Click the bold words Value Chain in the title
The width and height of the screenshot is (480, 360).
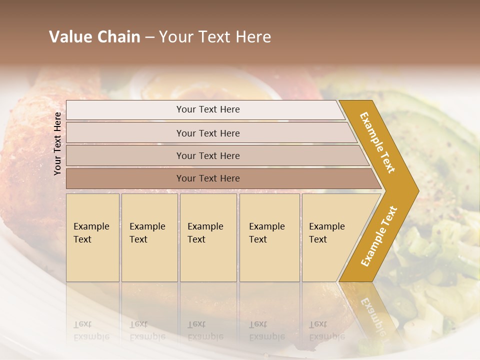click(94, 37)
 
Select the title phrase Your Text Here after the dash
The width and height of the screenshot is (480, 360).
click(215, 37)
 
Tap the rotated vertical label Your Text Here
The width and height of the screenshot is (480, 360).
click(57, 143)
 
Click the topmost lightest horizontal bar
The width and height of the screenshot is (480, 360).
click(125, 110)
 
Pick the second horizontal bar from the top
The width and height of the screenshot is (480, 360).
click(125, 133)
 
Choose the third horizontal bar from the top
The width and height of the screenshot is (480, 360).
click(125, 155)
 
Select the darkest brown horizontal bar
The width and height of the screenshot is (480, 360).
click(125, 178)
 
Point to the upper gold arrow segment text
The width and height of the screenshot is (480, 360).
click(377, 142)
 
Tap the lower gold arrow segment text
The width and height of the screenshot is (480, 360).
click(379, 236)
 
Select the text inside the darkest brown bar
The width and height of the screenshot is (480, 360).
click(208, 178)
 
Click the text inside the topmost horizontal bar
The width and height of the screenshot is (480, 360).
click(208, 109)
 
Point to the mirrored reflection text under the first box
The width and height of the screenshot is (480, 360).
click(91, 330)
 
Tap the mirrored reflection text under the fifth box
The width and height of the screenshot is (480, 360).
click(326, 330)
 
